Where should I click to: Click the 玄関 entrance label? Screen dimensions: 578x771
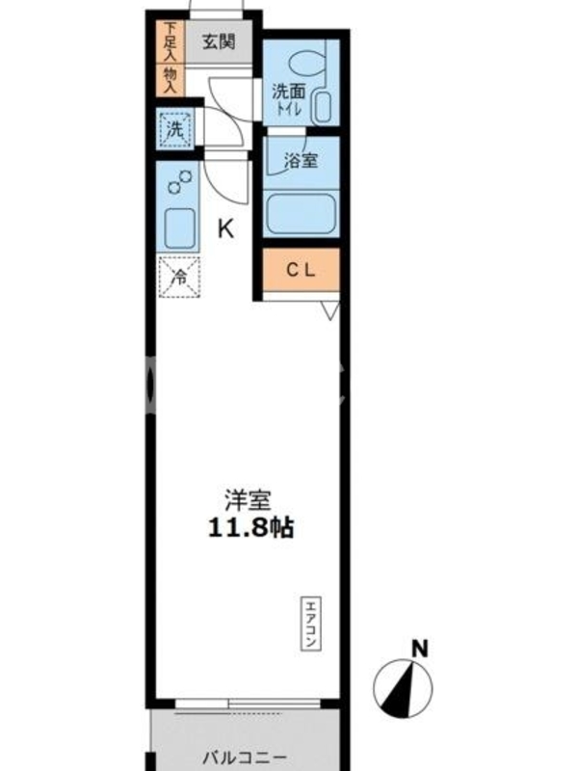click(220, 42)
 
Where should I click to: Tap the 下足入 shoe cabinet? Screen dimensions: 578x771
click(171, 41)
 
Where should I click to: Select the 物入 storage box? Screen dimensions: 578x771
click(171, 80)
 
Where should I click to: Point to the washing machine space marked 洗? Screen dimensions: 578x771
click(175, 129)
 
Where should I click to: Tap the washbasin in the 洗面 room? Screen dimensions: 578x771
click(323, 107)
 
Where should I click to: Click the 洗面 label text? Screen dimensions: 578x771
click(289, 92)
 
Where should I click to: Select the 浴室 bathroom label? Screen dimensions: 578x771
click(302, 160)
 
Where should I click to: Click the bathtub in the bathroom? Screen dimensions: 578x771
click(301, 214)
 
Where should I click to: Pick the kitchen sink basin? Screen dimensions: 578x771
click(179, 229)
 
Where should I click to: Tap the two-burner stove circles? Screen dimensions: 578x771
click(180, 181)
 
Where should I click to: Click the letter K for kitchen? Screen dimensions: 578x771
click(225, 228)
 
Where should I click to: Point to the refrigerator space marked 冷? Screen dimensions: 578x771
click(179, 277)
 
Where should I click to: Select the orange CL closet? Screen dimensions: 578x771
click(301, 270)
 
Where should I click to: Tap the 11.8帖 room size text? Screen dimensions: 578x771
click(251, 528)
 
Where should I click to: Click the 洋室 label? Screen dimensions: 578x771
click(248, 500)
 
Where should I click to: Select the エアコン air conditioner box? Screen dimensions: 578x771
click(310, 624)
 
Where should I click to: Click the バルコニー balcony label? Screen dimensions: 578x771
click(246, 758)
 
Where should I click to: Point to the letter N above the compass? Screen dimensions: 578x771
click(419, 649)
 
